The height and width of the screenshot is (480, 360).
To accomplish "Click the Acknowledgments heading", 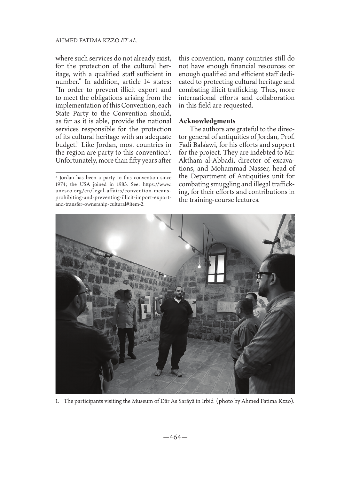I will pyautogui.click(x=207, y=121).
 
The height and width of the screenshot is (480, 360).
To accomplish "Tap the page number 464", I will pyautogui.click(x=180, y=437).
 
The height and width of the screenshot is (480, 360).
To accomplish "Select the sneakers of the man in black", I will pyautogui.click(x=167, y=372).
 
